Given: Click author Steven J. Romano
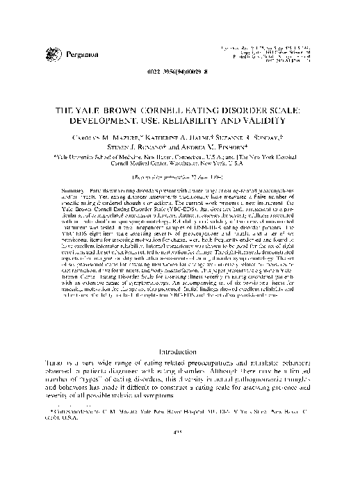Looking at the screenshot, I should pos(145,147).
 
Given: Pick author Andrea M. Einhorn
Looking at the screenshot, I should pos(211,147).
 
